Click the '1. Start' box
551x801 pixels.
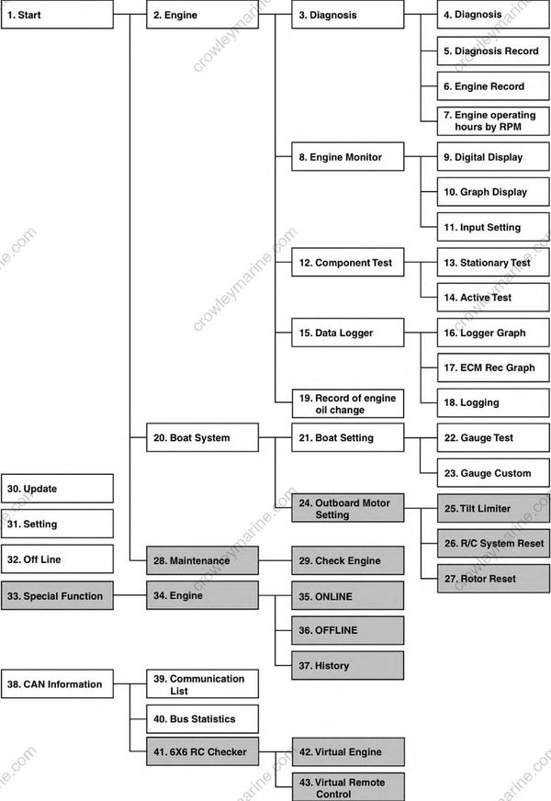[x=57, y=15]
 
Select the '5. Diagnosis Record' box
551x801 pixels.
[x=493, y=51]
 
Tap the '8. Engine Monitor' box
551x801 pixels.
[x=348, y=156]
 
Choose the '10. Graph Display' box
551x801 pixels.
[x=493, y=192]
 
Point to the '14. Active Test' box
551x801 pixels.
[x=493, y=298]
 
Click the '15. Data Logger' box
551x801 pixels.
[x=348, y=333]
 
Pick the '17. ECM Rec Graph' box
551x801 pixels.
[x=493, y=367]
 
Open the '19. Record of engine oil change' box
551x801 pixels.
[x=348, y=403]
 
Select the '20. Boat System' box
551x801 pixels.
[x=202, y=437]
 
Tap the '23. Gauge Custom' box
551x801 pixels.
[x=493, y=473]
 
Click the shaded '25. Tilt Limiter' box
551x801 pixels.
[x=493, y=508]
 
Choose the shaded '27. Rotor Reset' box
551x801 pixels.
[x=493, y=579]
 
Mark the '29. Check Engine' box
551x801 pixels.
[x=348, y=560]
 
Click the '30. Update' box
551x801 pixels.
[x=57, y=489]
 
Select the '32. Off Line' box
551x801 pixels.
[x=57, y=558]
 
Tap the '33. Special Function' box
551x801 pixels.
[x=57, y=595]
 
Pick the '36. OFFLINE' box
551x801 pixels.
[x=348, y=630]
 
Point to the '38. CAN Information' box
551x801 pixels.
[x=57, y=683]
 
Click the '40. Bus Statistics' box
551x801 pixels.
[x=202, y=718]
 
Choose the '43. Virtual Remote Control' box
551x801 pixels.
[x=348, y=786]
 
